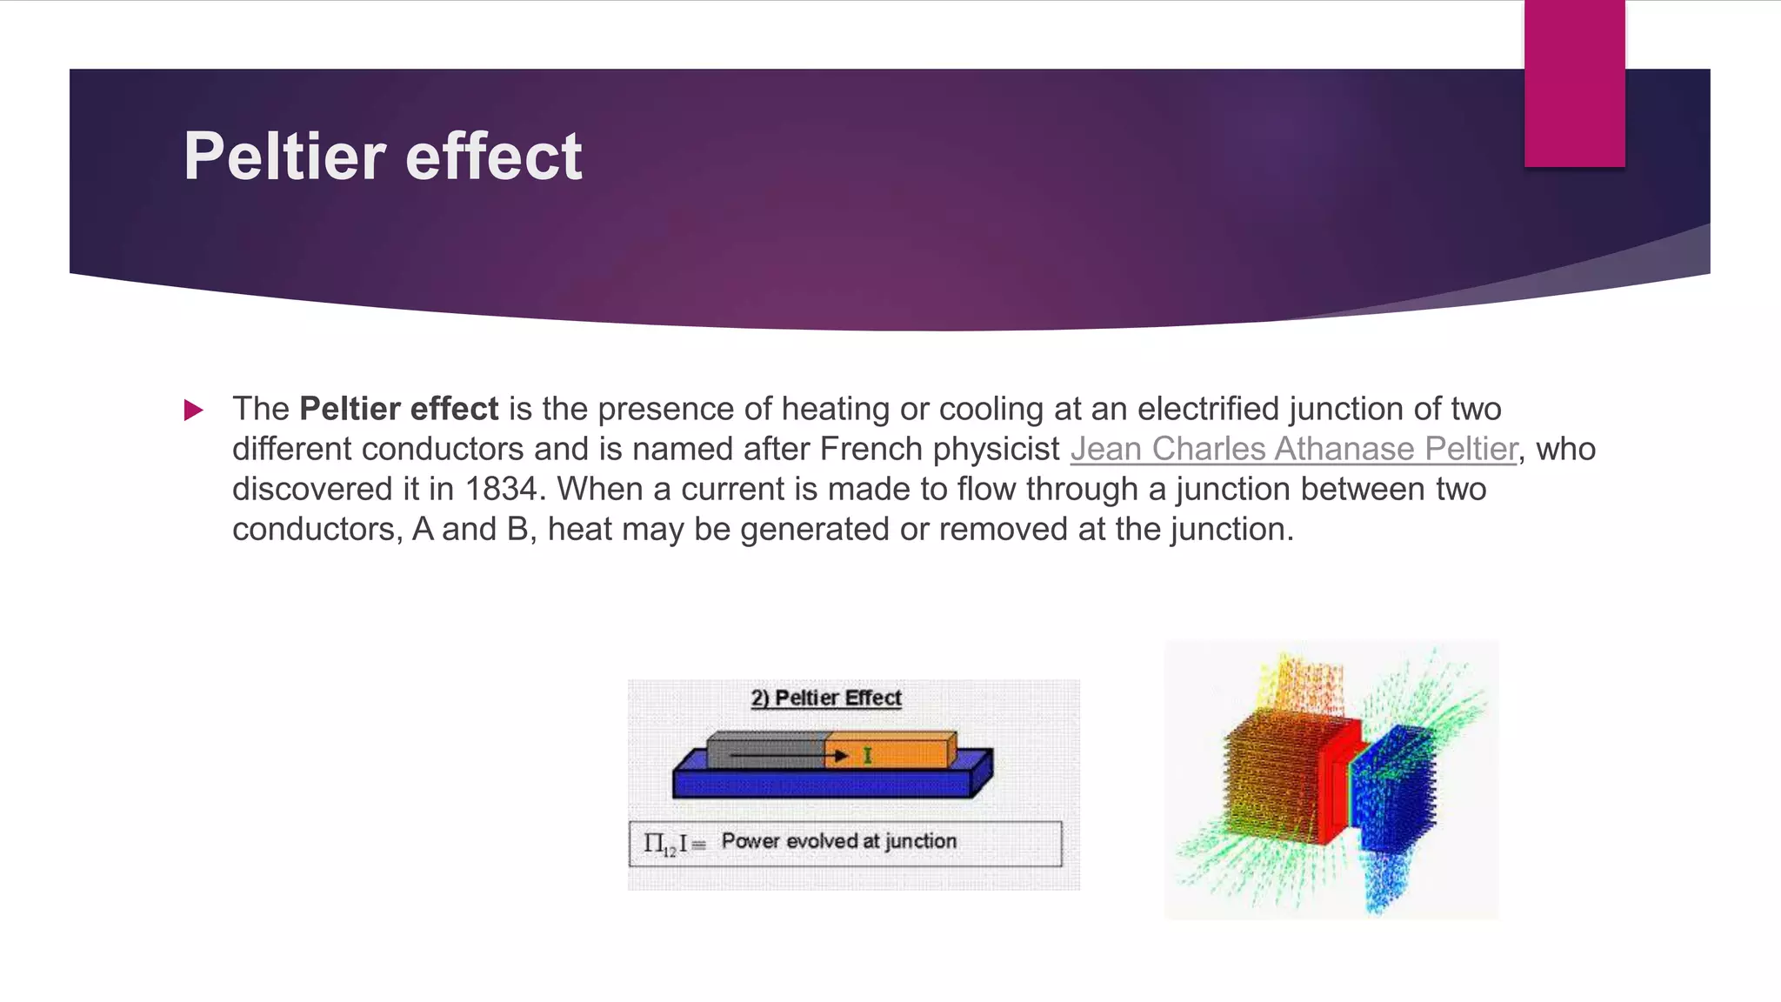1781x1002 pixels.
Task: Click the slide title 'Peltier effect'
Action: point(383,157)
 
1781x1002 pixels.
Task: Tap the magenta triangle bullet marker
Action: point(193,410)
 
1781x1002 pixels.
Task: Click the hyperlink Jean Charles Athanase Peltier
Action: point(1293,449)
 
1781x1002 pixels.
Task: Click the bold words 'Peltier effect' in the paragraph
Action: point(398,409)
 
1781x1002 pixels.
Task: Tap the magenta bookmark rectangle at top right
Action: point(1574,83)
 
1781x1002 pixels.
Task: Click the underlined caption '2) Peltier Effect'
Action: point(826,698)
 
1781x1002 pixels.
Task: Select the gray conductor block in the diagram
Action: point(765,750)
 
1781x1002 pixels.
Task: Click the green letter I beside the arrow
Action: point(867,756)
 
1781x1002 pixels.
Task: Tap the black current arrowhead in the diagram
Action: point(839,756)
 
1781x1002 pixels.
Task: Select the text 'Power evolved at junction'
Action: point(838,841)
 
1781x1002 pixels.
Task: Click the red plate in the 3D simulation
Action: point(1339,783)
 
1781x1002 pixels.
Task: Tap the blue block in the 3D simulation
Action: point(1396,787)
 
